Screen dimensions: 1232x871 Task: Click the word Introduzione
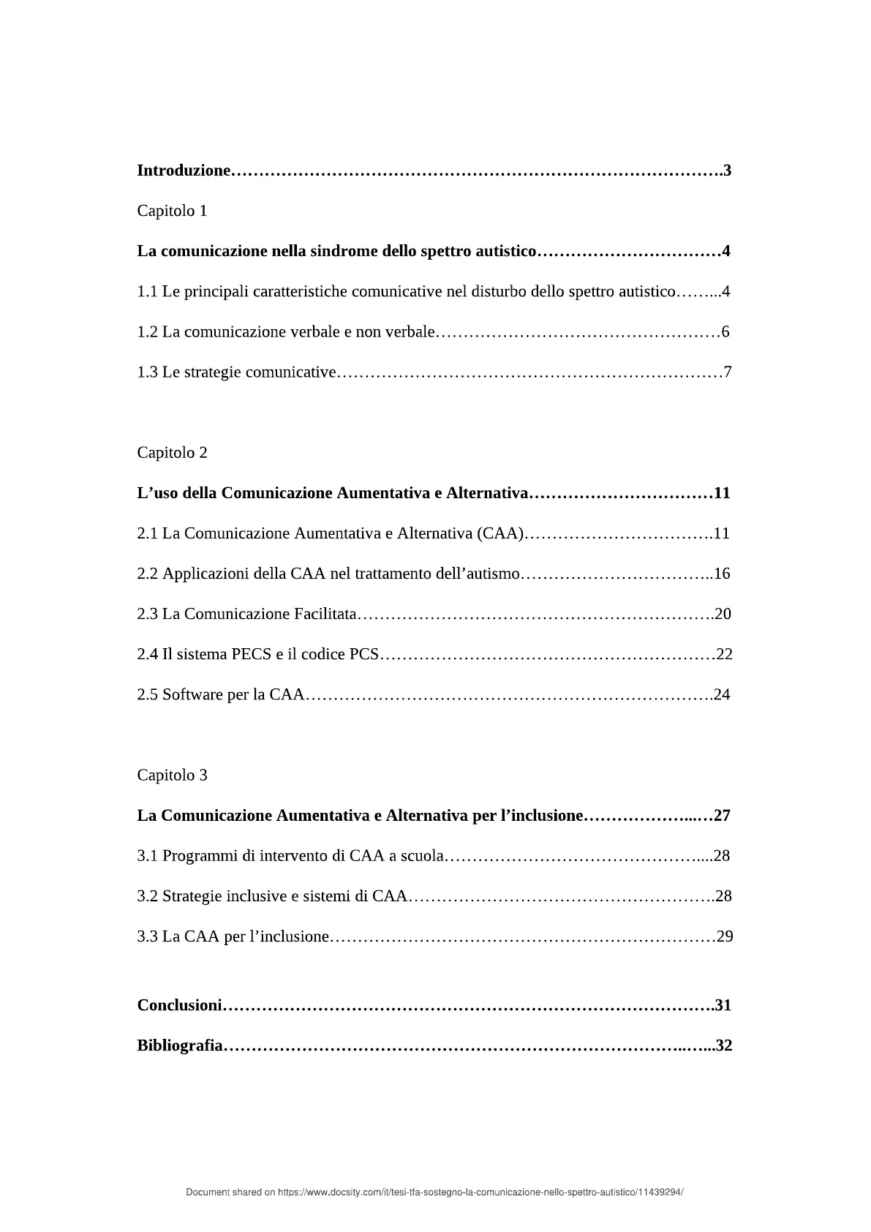coord(184,171)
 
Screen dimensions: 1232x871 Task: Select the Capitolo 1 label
coord(172,211)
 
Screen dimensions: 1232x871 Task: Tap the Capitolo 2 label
coord(172,452)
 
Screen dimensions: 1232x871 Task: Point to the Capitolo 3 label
coord(172,775)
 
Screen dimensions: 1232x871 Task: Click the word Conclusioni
coord(179,1005)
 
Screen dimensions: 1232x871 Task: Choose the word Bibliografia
coord(180,1045)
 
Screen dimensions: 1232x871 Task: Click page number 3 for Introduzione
coord(728,171)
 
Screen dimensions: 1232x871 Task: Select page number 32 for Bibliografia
coord(724,1045)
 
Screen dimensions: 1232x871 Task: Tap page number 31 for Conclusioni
coord(723,1005)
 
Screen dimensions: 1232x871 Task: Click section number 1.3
coord(147,372)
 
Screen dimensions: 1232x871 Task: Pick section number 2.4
coord(147,654)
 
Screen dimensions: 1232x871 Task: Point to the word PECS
coord(252,654)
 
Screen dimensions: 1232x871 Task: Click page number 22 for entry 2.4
coord(724,654)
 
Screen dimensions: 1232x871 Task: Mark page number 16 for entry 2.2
coord(722,574)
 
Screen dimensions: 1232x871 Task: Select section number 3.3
coord(147,936)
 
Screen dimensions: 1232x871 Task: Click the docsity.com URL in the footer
coord(480,1192)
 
